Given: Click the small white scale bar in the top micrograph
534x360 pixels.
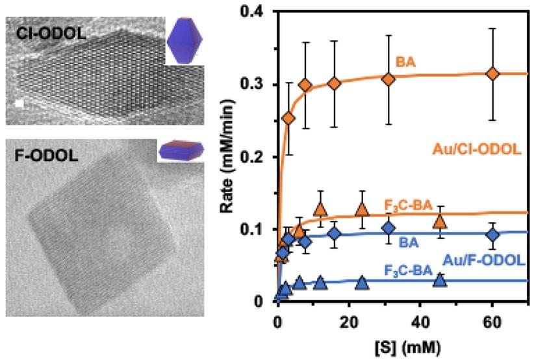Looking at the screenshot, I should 20,103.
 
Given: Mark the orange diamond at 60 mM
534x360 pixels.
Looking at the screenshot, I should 493,73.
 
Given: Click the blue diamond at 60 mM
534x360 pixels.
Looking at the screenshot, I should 493,235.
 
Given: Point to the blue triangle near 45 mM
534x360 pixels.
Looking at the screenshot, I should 440,280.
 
